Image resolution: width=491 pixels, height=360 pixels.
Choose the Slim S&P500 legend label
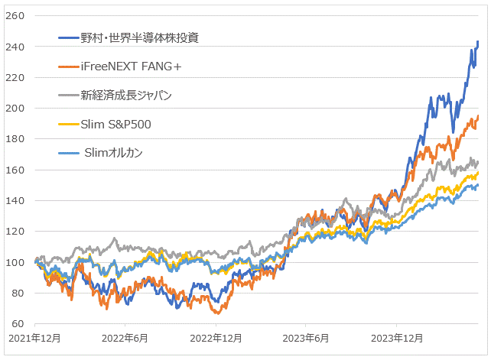pos(116,124)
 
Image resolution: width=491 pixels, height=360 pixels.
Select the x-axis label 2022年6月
pos(125,338)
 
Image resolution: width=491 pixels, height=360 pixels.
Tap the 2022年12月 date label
pos(215,338)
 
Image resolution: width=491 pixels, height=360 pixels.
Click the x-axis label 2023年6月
pos(305,338)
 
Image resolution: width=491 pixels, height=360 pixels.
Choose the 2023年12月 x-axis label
pos(395,338)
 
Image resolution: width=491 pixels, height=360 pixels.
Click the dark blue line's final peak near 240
pos(478,42)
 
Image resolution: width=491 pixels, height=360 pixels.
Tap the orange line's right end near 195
pos(478,116)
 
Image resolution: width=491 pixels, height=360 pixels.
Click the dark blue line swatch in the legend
pos(71,37)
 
